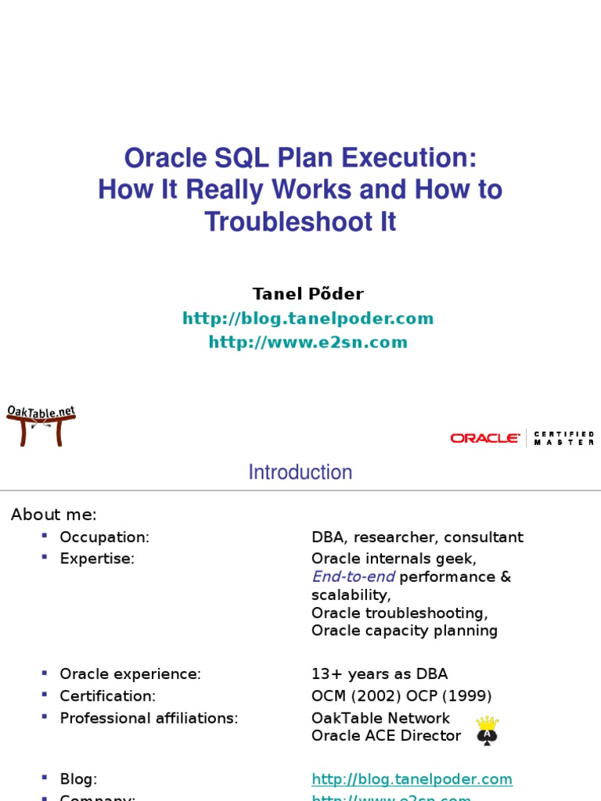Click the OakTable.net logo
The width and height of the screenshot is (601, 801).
tap(41, 425)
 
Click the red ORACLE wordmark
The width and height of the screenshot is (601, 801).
tap(484, 438)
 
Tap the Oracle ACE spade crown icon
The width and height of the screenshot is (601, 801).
tap(488, 730)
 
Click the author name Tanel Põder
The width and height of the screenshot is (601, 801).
tap(308, 294)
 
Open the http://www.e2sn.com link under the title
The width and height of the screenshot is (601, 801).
tap(308, 343)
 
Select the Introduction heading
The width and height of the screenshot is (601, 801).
tap(300, 472)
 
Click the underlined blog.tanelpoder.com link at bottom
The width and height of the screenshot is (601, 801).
tap(412, 779)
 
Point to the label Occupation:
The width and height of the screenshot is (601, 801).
tap(104, 537)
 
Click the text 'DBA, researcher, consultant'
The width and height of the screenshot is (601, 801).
tap(417, 537)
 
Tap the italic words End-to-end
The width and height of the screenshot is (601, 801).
tap(353, 577)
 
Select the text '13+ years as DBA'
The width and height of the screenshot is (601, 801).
tap(380, 674)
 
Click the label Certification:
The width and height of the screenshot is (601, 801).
tap(108, 696)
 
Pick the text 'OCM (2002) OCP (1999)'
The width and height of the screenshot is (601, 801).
tap(401, 696)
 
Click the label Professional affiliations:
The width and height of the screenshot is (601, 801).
tap(149, 718)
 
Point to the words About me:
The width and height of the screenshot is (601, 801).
tap(53, 515)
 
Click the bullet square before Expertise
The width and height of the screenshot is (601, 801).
tap(45, 557)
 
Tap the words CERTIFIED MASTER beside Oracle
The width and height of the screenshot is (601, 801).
tap(563, 438)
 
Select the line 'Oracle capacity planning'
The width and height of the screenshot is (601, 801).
tap(404, 630)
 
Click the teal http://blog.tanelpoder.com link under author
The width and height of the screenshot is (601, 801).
tap(308, 318)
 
